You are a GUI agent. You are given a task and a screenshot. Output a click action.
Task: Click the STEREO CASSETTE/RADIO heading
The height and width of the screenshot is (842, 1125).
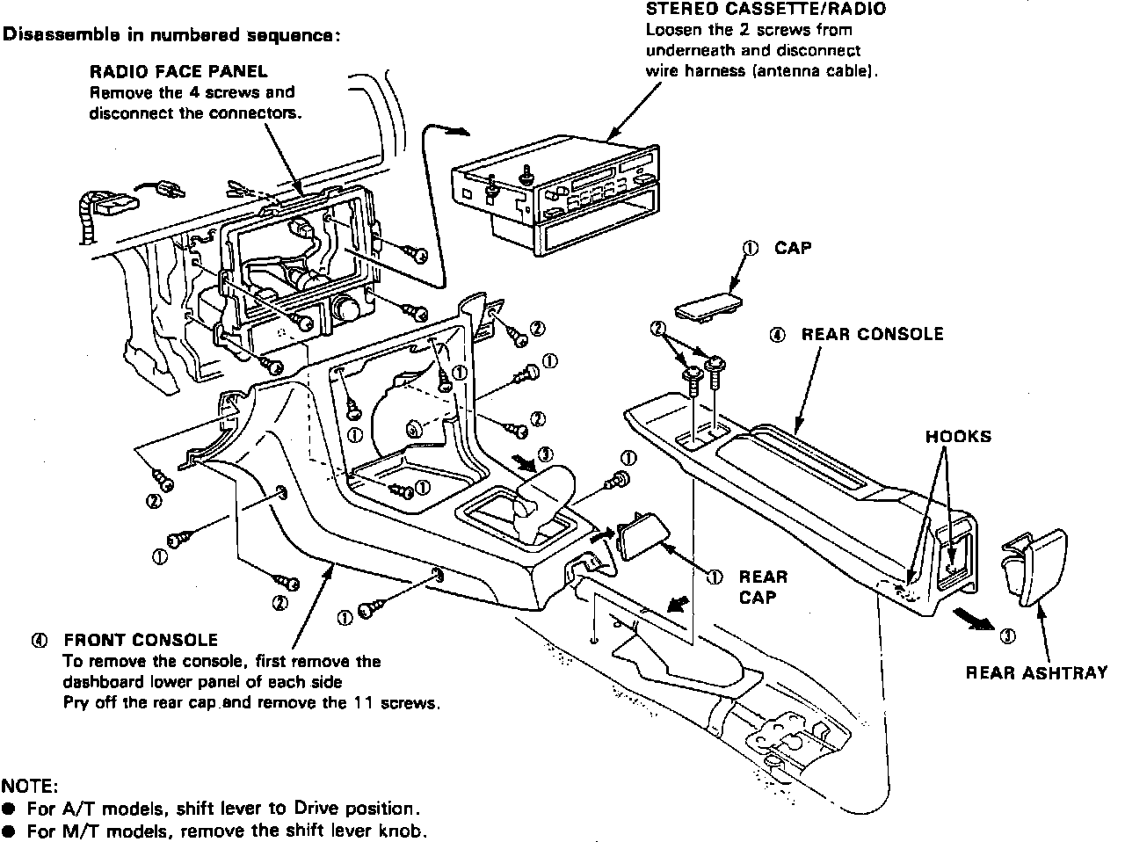766,10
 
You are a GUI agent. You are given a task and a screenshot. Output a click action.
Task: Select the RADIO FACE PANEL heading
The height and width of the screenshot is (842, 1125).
178,71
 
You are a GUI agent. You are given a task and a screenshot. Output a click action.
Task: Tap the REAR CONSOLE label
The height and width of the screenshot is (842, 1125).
872,334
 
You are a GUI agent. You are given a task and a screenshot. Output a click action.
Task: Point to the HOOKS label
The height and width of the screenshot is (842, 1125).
958,437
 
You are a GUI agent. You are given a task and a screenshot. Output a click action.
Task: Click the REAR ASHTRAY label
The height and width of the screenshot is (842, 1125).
1036,673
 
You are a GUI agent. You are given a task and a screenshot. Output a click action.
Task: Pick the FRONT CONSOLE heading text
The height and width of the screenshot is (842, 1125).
141,640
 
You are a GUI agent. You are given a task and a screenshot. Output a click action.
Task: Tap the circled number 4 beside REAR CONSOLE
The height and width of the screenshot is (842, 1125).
777,335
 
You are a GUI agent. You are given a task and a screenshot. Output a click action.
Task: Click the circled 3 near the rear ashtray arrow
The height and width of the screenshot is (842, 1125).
1007,636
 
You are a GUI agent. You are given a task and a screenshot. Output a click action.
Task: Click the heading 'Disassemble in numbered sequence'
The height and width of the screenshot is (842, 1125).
171,36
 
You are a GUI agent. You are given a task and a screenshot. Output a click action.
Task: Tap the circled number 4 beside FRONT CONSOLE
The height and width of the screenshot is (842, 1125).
38,641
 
